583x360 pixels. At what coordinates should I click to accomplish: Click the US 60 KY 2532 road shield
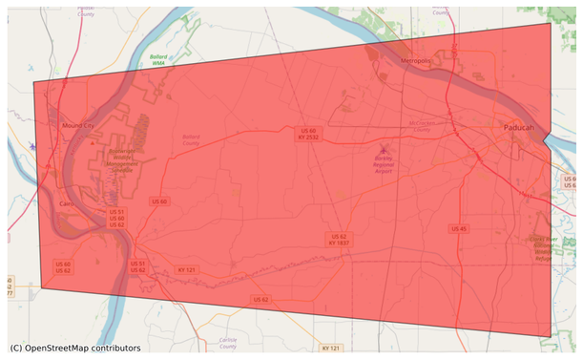[307, 134]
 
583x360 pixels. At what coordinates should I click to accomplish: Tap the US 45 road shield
[459, 228]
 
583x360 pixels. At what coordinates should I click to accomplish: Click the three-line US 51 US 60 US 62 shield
[115, 218]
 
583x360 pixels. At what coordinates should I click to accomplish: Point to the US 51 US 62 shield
[137, 266]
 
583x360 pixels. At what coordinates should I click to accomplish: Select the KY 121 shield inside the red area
[187, 270]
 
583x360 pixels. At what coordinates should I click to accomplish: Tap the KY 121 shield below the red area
[331, 349]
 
